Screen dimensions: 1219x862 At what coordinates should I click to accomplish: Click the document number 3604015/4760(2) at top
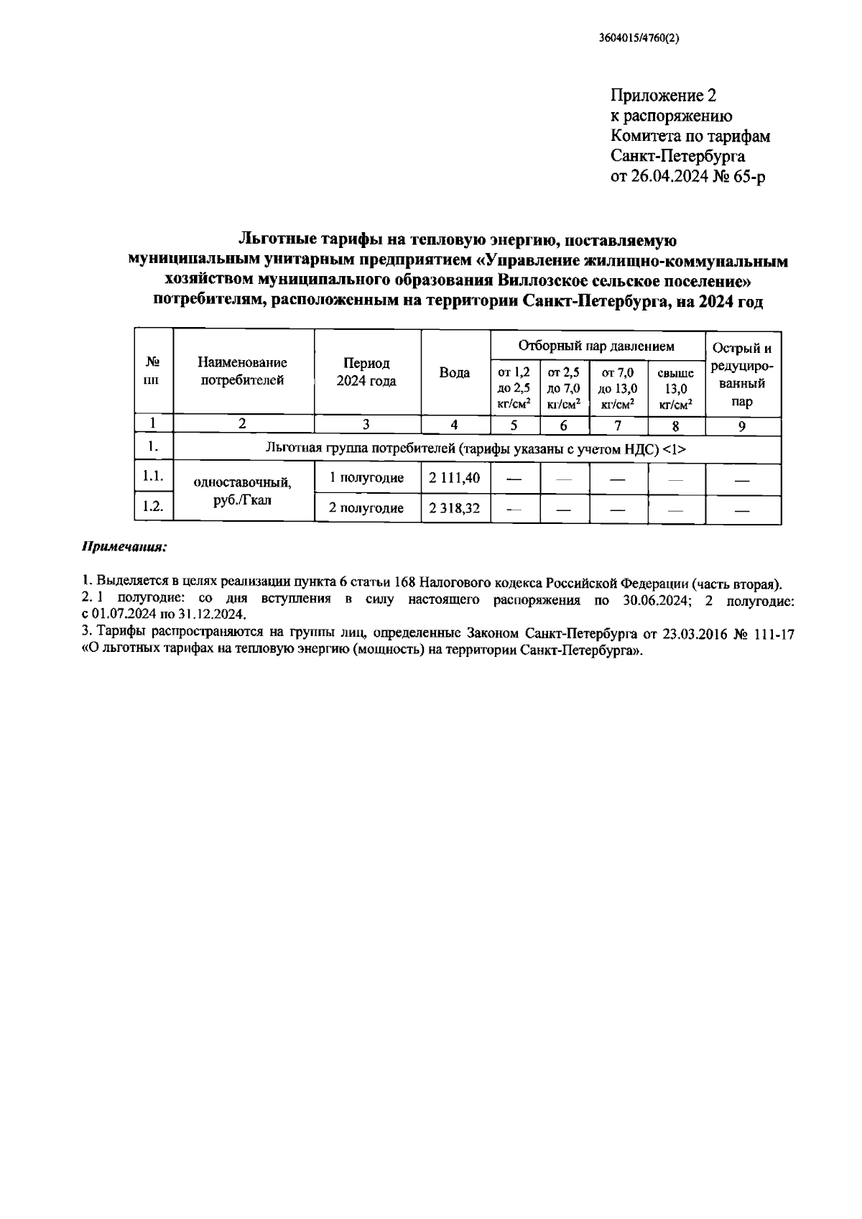tap(639, 40)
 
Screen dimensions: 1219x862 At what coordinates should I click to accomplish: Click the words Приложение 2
tap(663, 96)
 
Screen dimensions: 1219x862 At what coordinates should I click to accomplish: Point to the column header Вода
tap(455, 372)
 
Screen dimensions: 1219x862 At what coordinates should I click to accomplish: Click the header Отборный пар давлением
tap(596, 346)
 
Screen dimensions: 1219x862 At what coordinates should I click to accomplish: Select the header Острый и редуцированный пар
tap(742, 374)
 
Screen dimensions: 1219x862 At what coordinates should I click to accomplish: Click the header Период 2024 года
tap(366, 372)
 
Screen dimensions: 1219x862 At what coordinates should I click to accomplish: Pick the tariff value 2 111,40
tap(455, 478)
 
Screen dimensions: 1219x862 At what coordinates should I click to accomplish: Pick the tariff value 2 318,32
tap(455, 508)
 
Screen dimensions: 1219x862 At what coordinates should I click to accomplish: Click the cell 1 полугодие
tap(366, 478)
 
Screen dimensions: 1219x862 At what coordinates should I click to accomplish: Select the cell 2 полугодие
tap(366, 508)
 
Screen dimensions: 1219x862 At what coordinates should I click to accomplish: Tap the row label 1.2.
tap(153, 507)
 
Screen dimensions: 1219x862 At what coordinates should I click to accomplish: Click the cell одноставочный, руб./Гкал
tap(243, 492)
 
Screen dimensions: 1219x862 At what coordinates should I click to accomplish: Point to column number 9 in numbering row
tap(742, 425)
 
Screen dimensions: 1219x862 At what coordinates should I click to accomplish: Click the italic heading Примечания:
tap(124, 546)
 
